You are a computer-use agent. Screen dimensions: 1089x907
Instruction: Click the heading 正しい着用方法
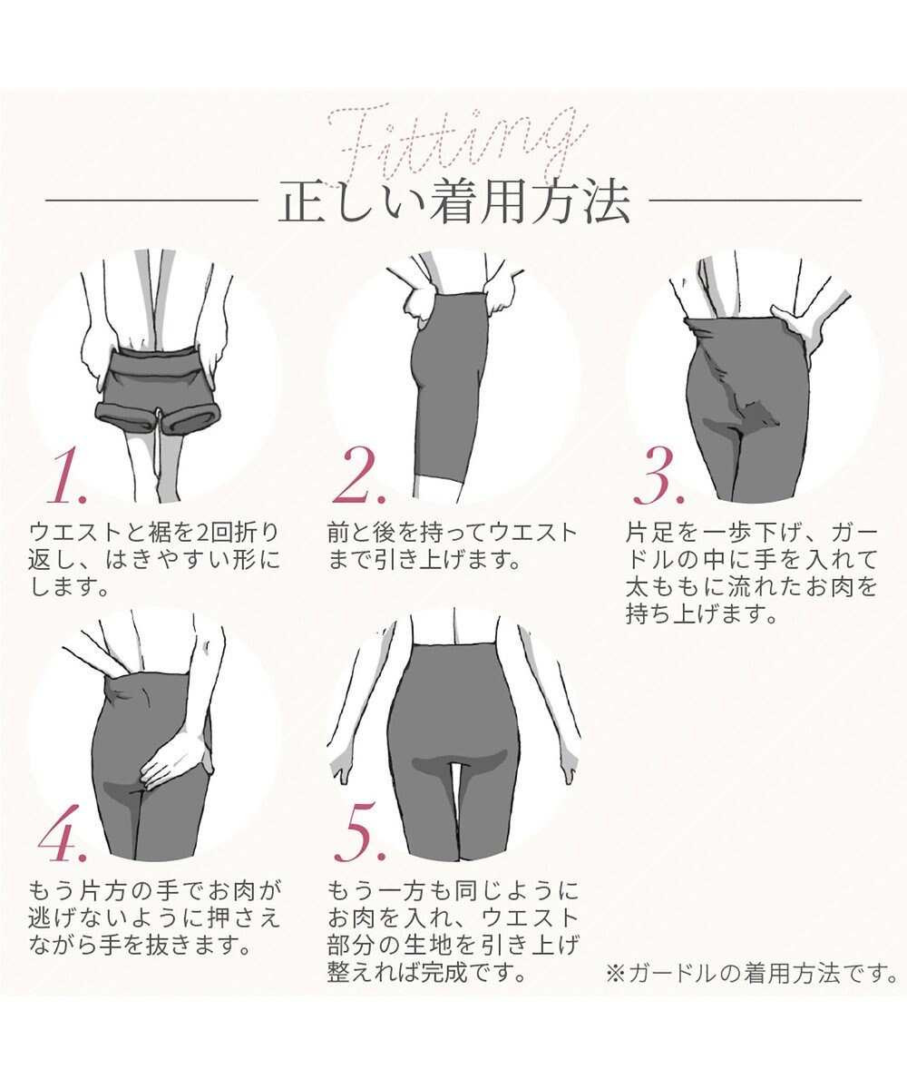pos(453,203)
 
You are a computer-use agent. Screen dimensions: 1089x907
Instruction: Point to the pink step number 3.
pos(659,478)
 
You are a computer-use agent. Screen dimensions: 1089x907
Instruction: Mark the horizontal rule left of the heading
pos(151,201)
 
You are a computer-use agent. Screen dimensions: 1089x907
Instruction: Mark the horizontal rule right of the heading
pos(756,201)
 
